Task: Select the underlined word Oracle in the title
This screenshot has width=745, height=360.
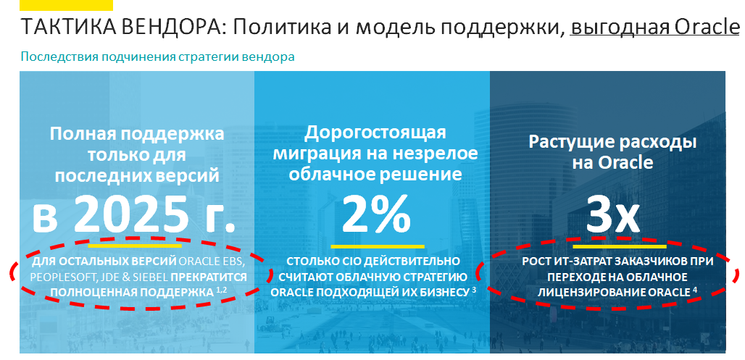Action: (x=707, y=28)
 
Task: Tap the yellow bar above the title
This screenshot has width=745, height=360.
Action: (x=66, y=5)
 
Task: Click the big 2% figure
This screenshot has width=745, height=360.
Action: (x=376, y=215)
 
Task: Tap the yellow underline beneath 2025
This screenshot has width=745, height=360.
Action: (x=135, y=246)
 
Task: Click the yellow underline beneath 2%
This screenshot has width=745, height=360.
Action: (x=378, y=246)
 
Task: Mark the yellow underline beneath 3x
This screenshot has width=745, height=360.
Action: (x=620, y=246)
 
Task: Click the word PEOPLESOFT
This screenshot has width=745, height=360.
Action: (x=57, y=277)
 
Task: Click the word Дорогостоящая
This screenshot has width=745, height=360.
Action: (x=375, y=133)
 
